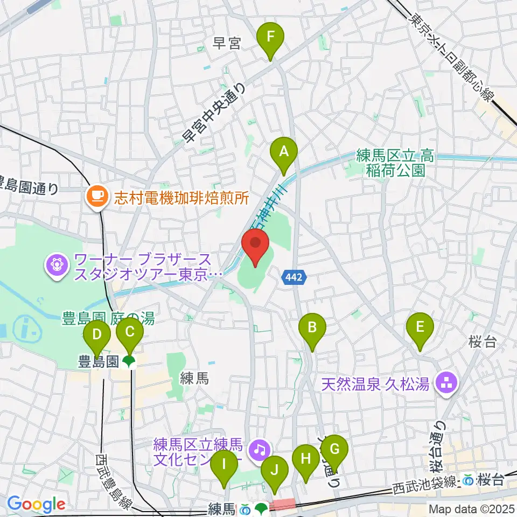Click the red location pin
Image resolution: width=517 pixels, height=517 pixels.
[x=256, y=246]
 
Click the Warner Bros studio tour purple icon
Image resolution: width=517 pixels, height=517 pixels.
[x=56, y=264]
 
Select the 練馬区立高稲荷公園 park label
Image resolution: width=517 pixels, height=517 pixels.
[x=395, y=164]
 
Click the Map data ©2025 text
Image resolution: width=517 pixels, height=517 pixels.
[x=471, y=508]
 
